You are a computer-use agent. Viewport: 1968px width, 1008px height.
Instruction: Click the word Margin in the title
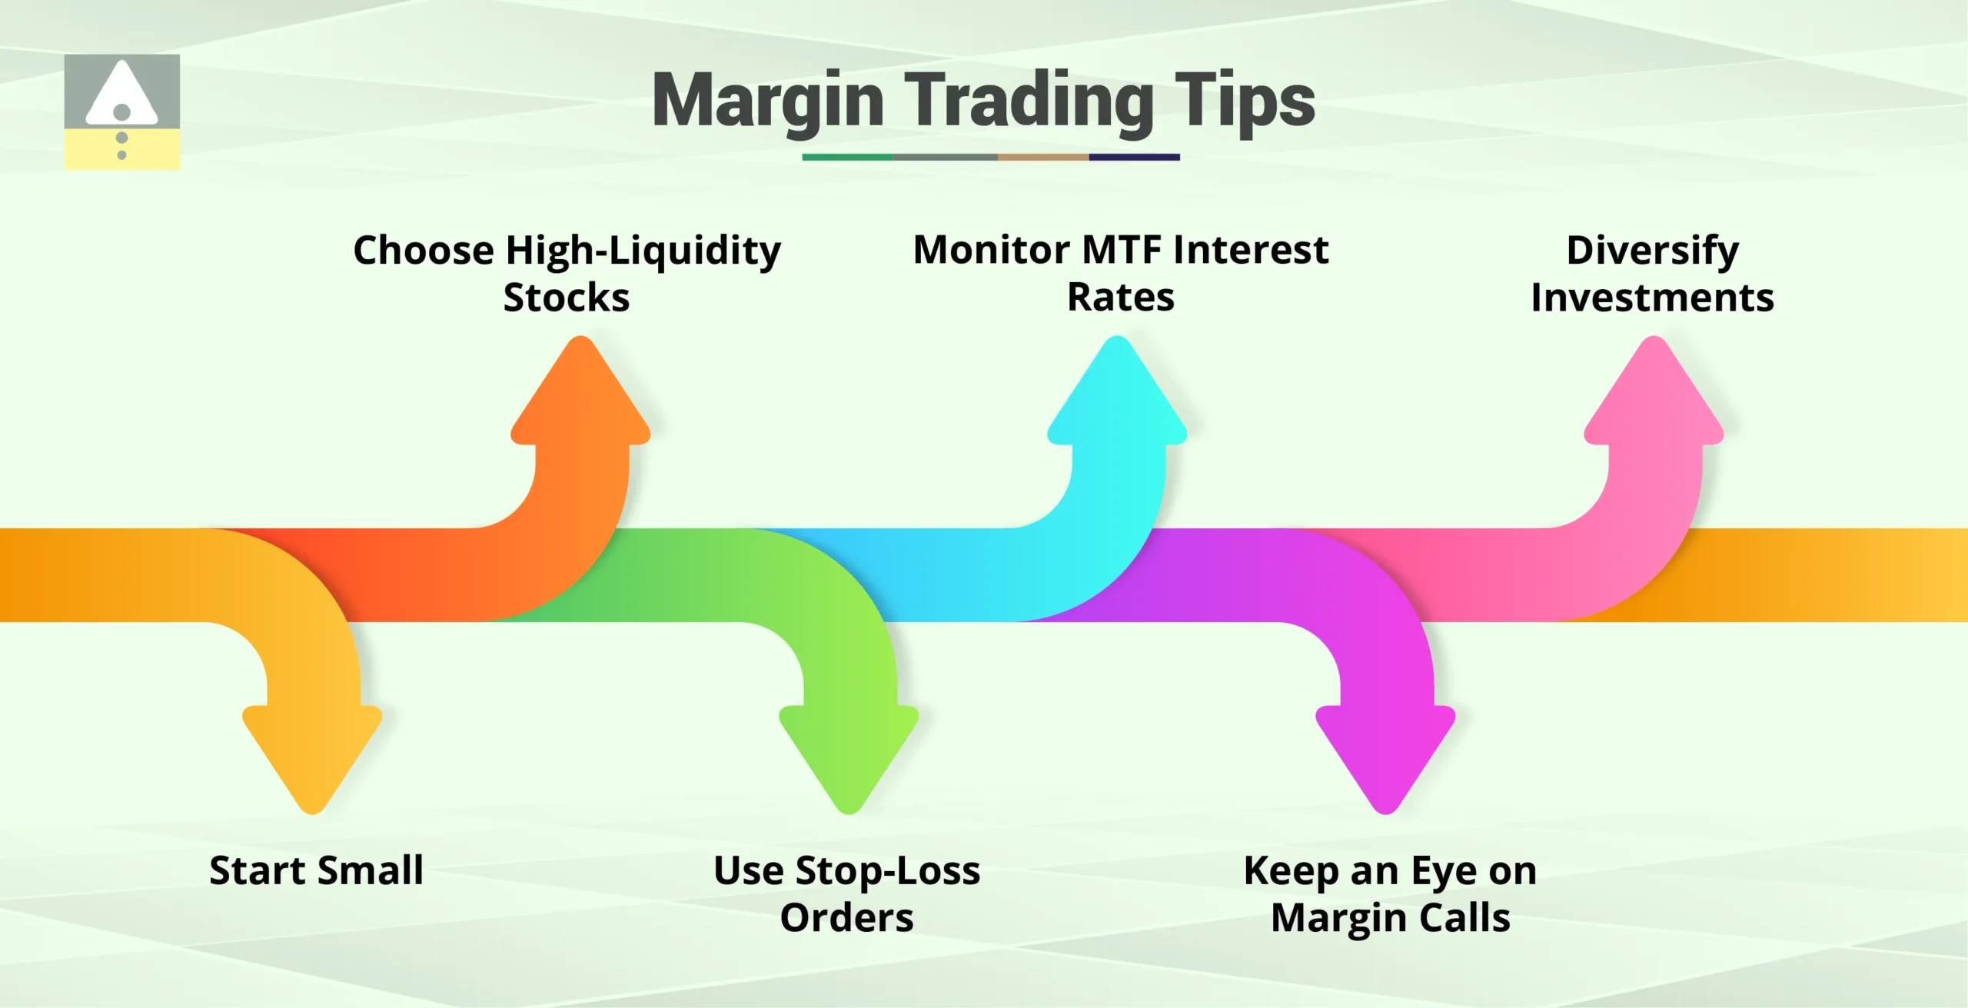[x=767, y=102]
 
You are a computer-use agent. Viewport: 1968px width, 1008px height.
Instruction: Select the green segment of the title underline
[x=847, y=157]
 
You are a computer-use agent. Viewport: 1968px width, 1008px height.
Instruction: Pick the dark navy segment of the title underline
[x=1134, y=157]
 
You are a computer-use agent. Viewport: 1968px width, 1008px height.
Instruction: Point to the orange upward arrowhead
[x=581, y=396]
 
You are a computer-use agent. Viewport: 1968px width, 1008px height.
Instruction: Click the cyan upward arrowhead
[x=1117, y=396]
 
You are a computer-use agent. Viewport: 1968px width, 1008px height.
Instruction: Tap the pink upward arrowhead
[x=1654, y=396]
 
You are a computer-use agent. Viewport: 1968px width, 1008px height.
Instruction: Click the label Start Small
[x=316, y=871]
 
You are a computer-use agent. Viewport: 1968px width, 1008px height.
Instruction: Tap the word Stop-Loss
[x=887, y=871]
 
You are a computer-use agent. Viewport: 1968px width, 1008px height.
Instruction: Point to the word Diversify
[x=1653, y=251]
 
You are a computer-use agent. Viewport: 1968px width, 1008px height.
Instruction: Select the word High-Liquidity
[x=643, y=251]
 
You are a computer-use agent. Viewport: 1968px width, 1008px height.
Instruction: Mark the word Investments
[x=1653, y=298]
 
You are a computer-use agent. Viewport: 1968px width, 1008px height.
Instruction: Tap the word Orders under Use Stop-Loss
[x=846, y=918]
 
